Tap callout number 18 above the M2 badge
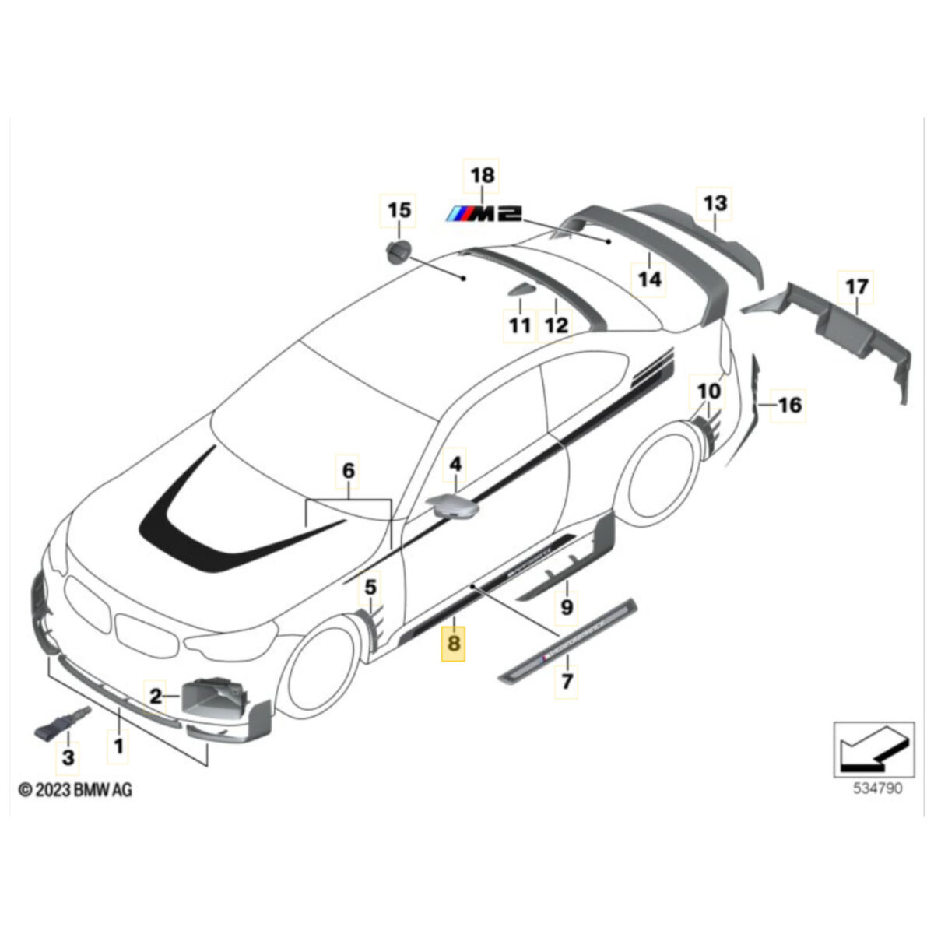pyautogui.click(x=483, y=177)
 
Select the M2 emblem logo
pyautogui.click(x=483, y=214)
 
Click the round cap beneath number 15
pyautogui.click(x=399, y=252)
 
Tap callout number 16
pyautogui.click(x=789, y=405)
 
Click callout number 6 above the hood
pyautogui.click(x=348, y=470)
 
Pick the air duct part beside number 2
pyautogui.click(x=215, y=696)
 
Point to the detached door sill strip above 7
pyautogui.click(x=568, y=641)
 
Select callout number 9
pyautogui.click(x=567, y=605)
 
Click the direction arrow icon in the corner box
pyautogui.click(x=869, y=748)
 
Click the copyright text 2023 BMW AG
pyautogui.click(x=75, y=790)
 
